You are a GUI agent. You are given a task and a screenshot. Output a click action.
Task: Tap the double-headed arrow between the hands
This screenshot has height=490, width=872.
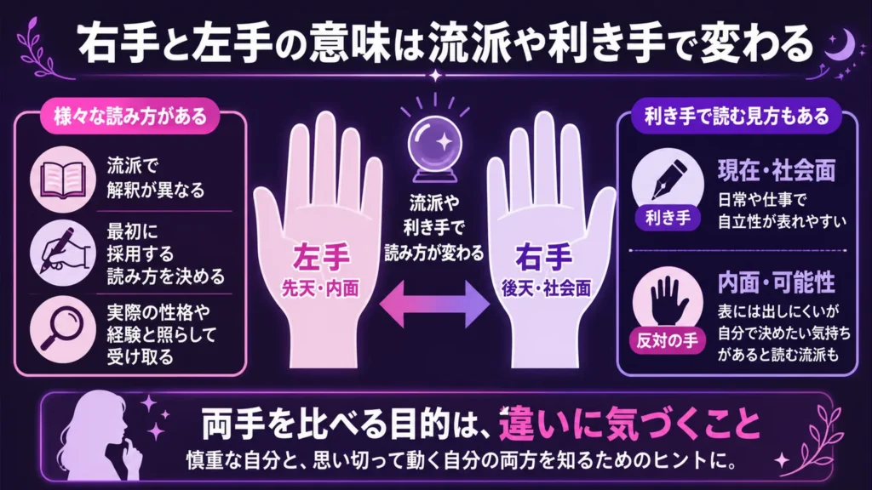(434, 304)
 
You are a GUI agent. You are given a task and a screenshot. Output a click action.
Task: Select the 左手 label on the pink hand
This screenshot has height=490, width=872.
(321, 257)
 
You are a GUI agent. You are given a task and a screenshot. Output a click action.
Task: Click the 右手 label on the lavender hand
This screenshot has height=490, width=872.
(544, 257)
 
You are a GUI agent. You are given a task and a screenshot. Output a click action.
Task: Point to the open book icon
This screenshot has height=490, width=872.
(63, 179)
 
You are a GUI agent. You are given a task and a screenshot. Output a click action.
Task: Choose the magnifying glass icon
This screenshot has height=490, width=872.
(61, 329)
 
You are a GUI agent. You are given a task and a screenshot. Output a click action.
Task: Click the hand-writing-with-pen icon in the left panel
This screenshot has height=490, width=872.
(63, 253)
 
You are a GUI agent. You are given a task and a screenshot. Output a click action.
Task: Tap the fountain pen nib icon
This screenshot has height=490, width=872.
(669, 179)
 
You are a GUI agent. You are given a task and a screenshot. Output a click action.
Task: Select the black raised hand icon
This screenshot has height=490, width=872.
(668, 300)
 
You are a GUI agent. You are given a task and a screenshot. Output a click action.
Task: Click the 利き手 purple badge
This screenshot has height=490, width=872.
(668, 218)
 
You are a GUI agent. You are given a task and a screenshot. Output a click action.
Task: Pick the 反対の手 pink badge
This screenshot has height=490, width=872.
(668, 340)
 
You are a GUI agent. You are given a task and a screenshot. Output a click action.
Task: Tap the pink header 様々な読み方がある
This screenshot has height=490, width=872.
(129, 116)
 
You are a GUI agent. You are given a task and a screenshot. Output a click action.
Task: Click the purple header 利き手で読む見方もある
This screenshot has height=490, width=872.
(737, 116)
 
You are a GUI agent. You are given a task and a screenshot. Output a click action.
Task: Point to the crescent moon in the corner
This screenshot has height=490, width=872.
(842, 43)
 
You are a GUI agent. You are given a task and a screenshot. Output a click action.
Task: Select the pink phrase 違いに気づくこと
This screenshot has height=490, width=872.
(629, 424)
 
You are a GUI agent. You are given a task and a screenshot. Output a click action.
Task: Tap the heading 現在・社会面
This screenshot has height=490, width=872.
(777, 170)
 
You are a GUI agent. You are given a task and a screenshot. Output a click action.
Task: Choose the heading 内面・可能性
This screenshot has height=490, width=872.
(777, 282)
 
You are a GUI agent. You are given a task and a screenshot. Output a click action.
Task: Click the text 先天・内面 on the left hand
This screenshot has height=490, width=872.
(320, 288)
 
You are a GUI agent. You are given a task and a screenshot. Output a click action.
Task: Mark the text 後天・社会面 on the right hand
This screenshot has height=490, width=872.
(546, 288)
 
